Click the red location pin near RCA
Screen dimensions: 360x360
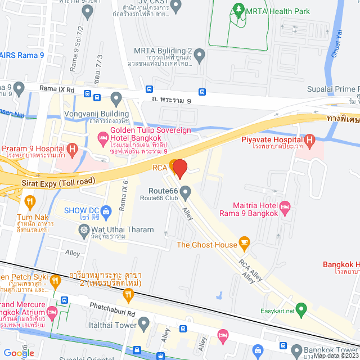click(179, 169)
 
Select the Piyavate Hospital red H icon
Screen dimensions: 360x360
click(309, 140)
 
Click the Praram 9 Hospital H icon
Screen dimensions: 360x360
click(72, 149)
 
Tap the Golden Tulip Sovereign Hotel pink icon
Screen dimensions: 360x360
click(103, 137)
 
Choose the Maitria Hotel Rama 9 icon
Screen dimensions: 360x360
click(285, 207)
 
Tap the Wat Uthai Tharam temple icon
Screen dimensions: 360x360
click(84, 229)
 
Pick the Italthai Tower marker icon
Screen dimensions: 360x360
click(144, 323)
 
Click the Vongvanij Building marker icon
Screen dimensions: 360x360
click(116, 100)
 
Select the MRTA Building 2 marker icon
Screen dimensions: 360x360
click(199, 55)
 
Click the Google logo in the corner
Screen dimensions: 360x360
click(19, 353)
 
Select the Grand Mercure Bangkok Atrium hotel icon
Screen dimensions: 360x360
click(52, 311)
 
